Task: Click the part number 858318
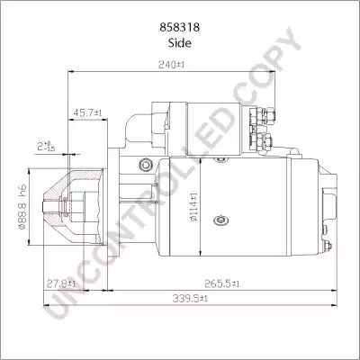tap(180, 27)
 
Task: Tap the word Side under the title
tap(180, 43)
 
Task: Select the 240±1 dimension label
tap(172, 65)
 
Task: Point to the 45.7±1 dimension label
tap(87, 113)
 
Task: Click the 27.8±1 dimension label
tap(61, 283)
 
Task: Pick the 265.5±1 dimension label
tap(222, 283)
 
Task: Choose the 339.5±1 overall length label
tap(190, 298)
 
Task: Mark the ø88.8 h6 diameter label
tap(22, 207)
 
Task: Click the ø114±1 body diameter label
tap(193, 207)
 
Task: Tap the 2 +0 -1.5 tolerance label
tap(46, 147)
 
